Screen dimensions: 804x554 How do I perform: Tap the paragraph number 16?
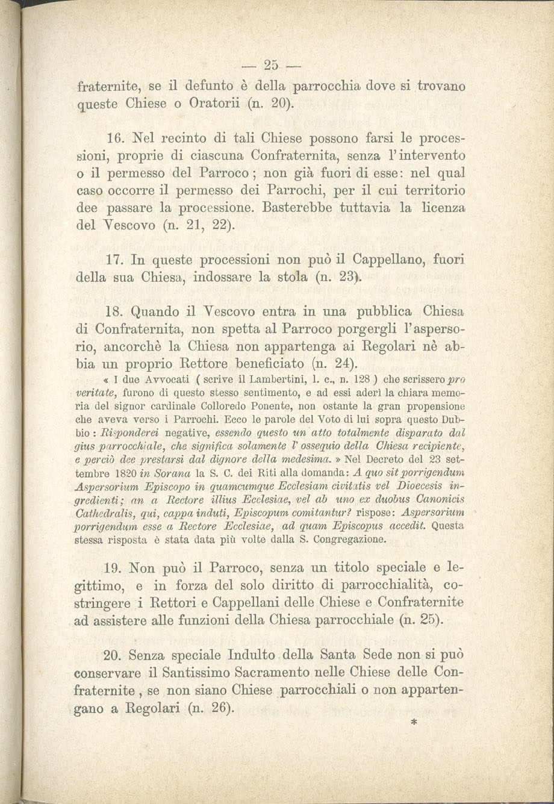coord(114,140)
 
